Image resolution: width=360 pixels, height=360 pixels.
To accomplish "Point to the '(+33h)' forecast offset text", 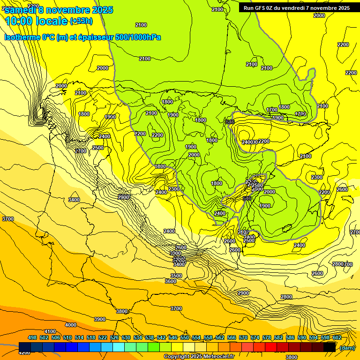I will [x=81, y=21].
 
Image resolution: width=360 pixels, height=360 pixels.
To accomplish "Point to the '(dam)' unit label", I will [x=347, y=348].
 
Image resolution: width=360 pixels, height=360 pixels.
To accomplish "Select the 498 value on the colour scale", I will [x=32, y=337].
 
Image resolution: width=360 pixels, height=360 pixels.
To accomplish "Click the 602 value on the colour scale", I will [x=337, y=337].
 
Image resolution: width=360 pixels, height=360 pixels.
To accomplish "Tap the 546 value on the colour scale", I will [x=173, y=337].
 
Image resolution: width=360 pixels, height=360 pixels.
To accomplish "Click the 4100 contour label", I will [x=50, y=331].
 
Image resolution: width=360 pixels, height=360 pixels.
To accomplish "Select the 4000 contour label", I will [x=70, y=325].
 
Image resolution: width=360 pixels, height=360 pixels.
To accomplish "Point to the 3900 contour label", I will [x=99, y=319].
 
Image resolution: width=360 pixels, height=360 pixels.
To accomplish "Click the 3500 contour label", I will [x=176, y=276].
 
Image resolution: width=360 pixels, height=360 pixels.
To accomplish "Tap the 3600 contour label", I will [x=171, y=281].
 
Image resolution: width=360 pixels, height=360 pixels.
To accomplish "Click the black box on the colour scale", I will [x=330, y=347].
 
